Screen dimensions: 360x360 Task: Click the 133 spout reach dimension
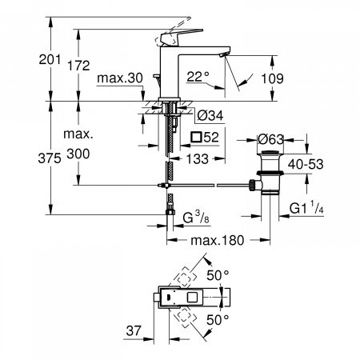204,158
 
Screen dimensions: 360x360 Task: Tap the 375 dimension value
50,159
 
